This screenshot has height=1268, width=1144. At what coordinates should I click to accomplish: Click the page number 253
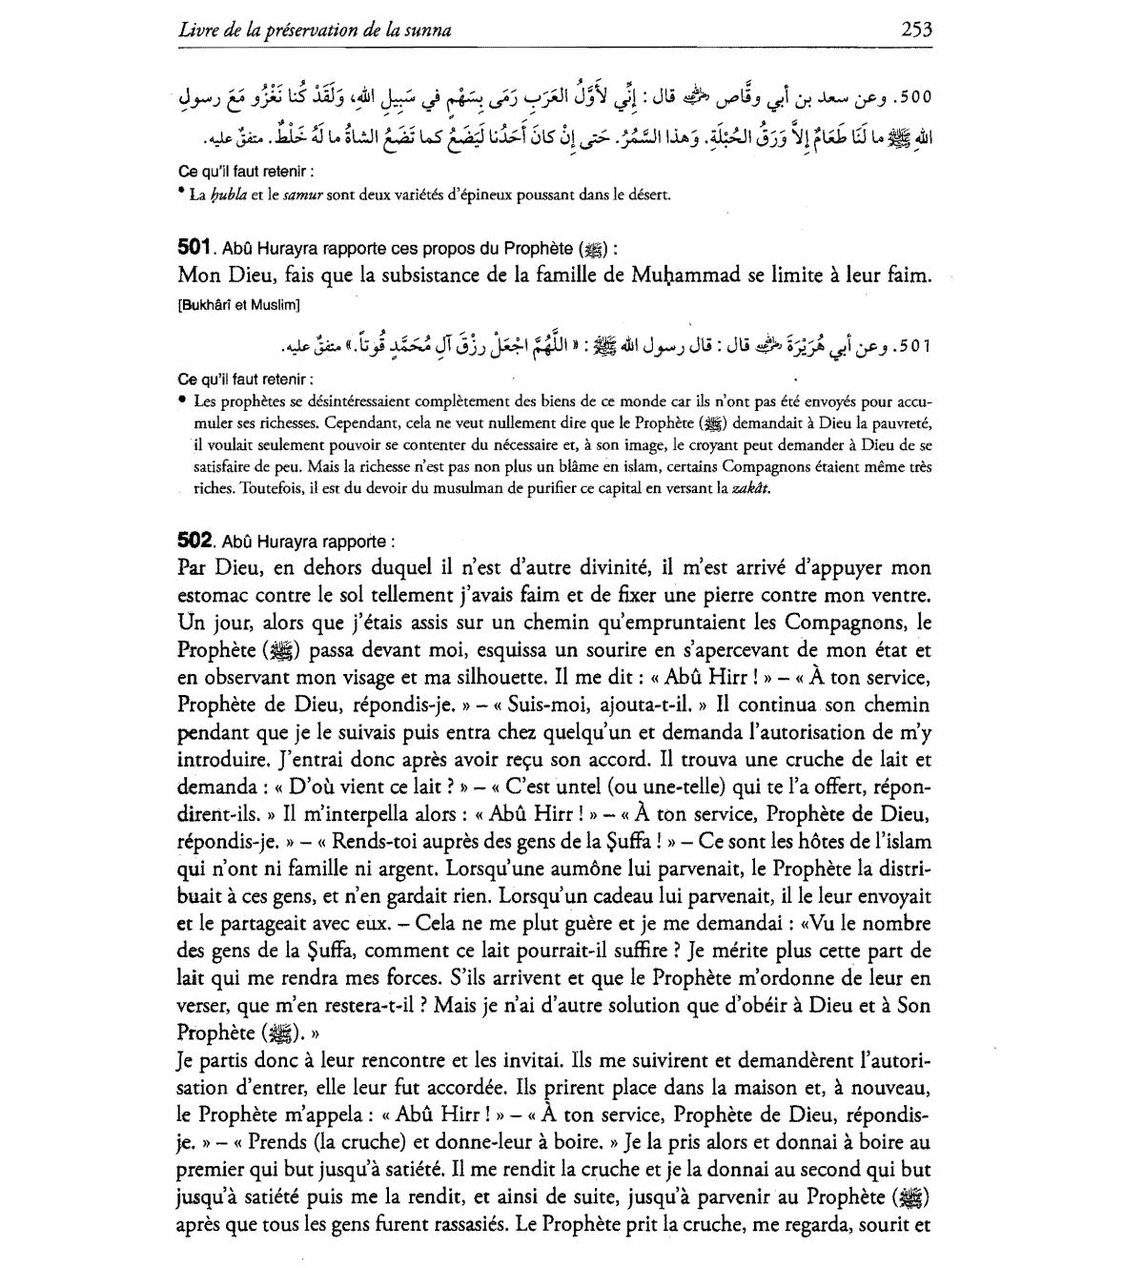click(915, 30)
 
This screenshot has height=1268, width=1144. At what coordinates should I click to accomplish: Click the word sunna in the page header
click(427, 31)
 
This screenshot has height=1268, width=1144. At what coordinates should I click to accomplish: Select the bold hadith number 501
click(194, 247)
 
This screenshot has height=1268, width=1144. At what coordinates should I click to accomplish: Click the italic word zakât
click(751, 489)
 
